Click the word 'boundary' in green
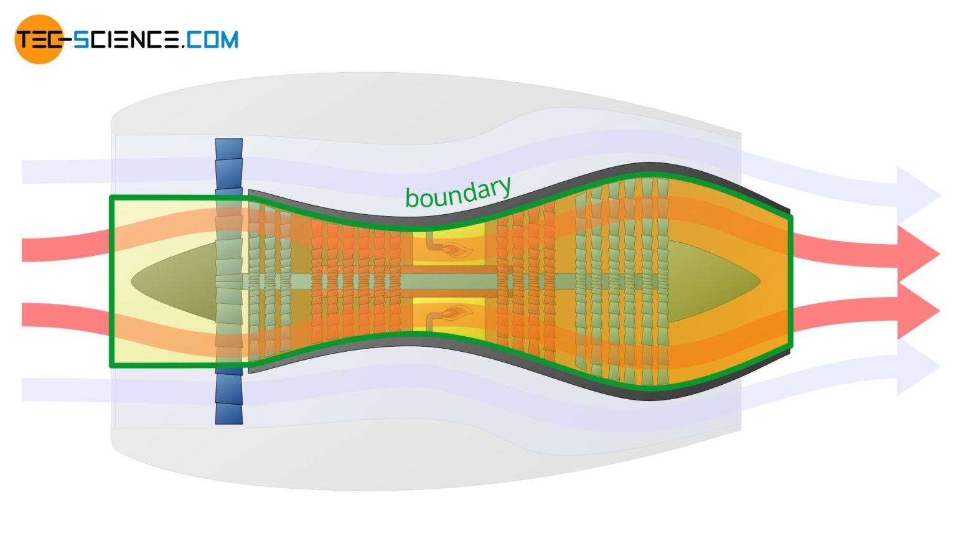tap(458, 193)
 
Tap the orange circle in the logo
tap(39, 39)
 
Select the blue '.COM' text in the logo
tap(210, 40)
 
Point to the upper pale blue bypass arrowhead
tap(917, 196)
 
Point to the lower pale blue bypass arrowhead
tap(917, 367)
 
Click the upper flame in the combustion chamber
tap(458, 250)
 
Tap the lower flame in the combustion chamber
tap(458, 313)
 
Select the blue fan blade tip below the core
tap(228, 399)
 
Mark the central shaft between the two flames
tap(448, 282)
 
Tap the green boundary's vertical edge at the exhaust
tap(791, 280)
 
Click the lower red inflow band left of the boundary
tap(62, 315)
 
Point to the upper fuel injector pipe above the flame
tap(429, 239)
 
